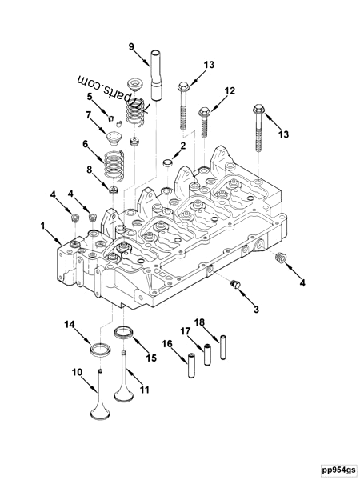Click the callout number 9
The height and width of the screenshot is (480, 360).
click(132, 46)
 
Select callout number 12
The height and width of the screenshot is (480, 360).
click(230, 91)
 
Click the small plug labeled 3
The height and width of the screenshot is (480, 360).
click(235, 285)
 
